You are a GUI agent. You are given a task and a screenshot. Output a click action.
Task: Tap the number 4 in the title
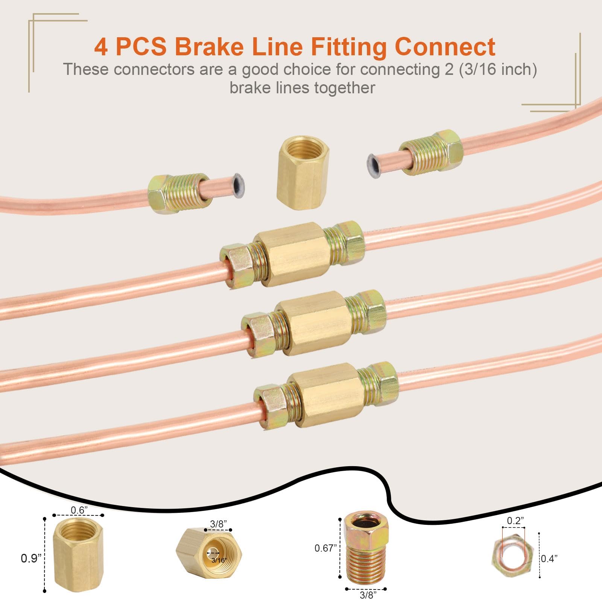coord(100,47)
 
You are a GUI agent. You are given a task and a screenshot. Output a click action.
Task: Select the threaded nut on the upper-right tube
coord(431,152)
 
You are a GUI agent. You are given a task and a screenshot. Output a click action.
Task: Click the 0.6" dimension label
coord(79,510)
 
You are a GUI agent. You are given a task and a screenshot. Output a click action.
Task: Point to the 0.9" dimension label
coord(30,558)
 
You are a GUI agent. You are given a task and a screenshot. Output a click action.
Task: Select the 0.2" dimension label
coord(515,521)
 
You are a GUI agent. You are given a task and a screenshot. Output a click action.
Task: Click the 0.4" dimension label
coord(549,559)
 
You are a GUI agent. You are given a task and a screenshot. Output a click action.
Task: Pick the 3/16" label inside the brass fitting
coord(219,560)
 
